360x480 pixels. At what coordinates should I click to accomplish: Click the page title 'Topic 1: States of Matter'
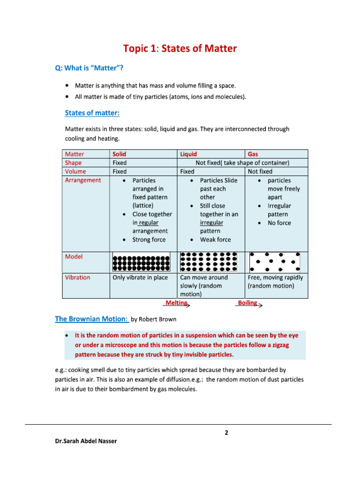click(180, 49)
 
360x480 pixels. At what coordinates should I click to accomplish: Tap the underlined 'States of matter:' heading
click(92, 113)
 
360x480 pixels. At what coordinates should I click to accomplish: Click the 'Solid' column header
click(120, 154)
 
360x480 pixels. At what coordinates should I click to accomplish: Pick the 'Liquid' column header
click(188, 154)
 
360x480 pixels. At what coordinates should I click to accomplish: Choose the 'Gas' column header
click(253, 154)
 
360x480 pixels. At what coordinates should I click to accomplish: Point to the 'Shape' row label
click(73, 163)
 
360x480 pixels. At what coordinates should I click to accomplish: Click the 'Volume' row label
click(75, 172)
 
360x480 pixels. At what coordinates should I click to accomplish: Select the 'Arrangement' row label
click(82, 180)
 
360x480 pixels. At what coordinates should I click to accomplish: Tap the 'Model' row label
click(74, 257)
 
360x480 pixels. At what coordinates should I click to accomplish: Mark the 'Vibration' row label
click(77, 277)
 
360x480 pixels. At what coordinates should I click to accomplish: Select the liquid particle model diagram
click(209, 262)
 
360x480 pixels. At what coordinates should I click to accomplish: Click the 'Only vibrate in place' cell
click(140, 277)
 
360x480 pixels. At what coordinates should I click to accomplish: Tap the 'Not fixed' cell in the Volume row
click(260, 172)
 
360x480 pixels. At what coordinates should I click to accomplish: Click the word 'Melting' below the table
click(176, 303)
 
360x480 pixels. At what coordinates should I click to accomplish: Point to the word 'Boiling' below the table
click(247, 303)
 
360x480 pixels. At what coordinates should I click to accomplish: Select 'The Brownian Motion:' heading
click(91, 319)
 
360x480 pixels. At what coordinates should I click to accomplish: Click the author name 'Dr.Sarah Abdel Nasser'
click(86, 441)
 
